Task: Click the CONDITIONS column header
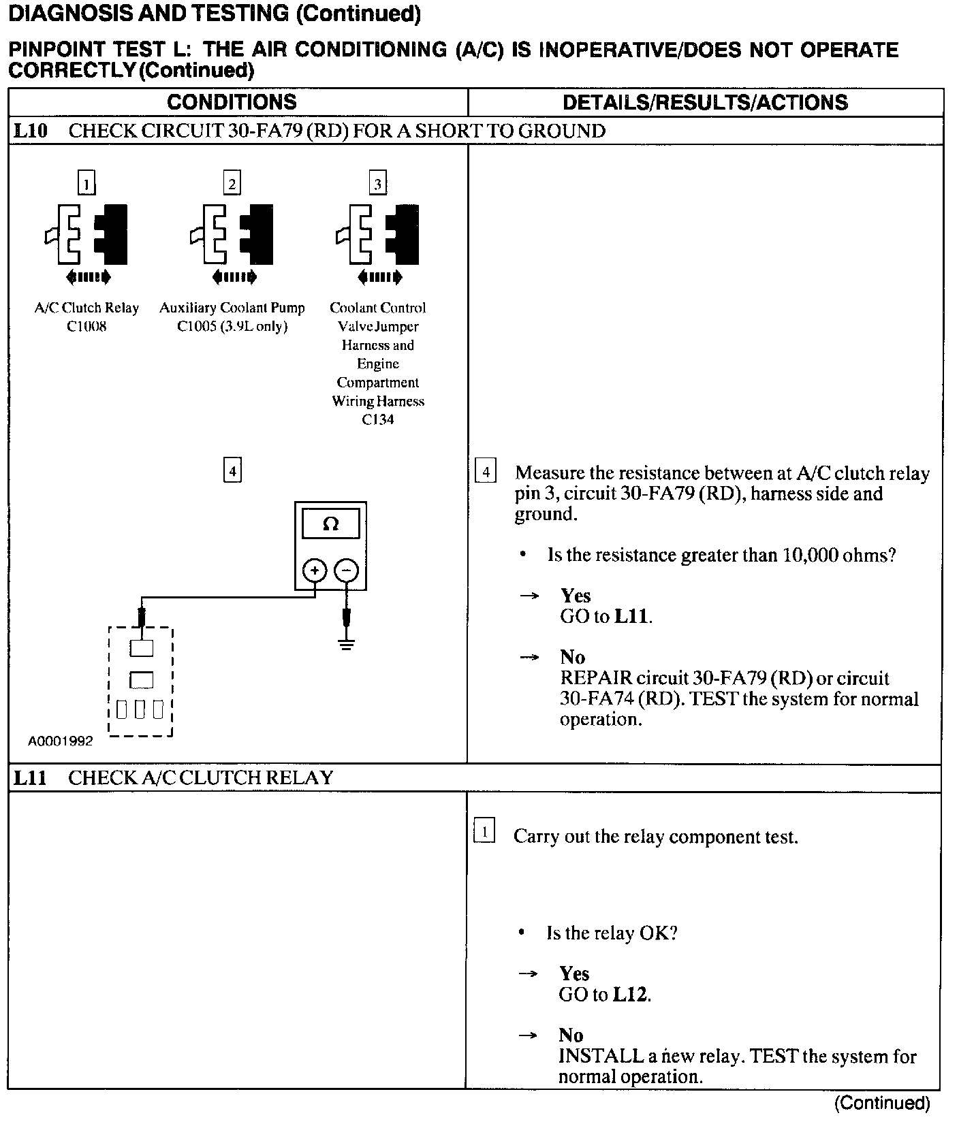tap(232, 102)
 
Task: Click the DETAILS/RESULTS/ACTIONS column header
tap(705, 102)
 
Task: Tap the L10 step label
tap(31, 131)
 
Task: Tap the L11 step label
tap(31, 777)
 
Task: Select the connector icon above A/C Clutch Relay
tap(87, 235)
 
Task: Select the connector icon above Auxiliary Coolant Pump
tap(232, 235)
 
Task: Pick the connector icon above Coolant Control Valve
tap(378, 235)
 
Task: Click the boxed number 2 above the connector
tap(232, 184)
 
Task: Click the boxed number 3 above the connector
tap(378, 184)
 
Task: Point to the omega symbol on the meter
tap(330, 524)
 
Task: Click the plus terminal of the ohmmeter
tap(315, 570)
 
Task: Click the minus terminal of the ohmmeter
tap(347, 570)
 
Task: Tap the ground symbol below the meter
tap(347, 644)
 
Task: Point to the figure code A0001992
tap(60, 741)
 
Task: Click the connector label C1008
tap(87, 327)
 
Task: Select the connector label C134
tap(378, 420)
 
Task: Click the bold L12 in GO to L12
tap(631, 995)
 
